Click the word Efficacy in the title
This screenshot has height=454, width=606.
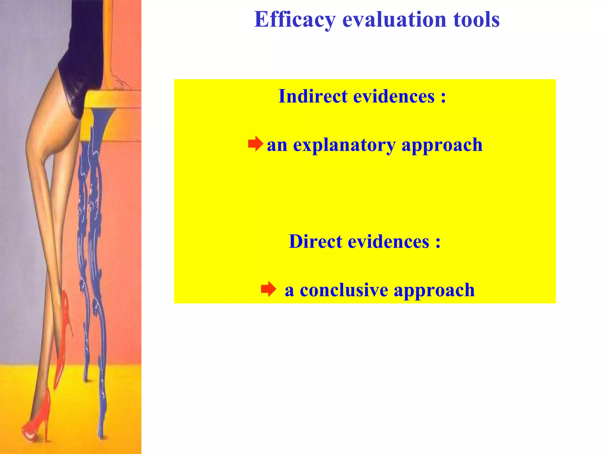tap(295, 20)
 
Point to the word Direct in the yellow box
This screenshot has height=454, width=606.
tap(315, 241)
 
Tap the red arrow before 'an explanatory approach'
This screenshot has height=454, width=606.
tap(255, 144)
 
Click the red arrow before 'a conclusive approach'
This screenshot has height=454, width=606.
tap(268, 289)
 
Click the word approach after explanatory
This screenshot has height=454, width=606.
tap(442, 145)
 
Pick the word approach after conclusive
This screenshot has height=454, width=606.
tap(434, 290)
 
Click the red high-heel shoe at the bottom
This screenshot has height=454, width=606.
tap(37, 420)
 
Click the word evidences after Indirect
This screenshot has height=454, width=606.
tap(394, 96)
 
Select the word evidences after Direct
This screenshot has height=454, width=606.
tap(388, 241)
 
